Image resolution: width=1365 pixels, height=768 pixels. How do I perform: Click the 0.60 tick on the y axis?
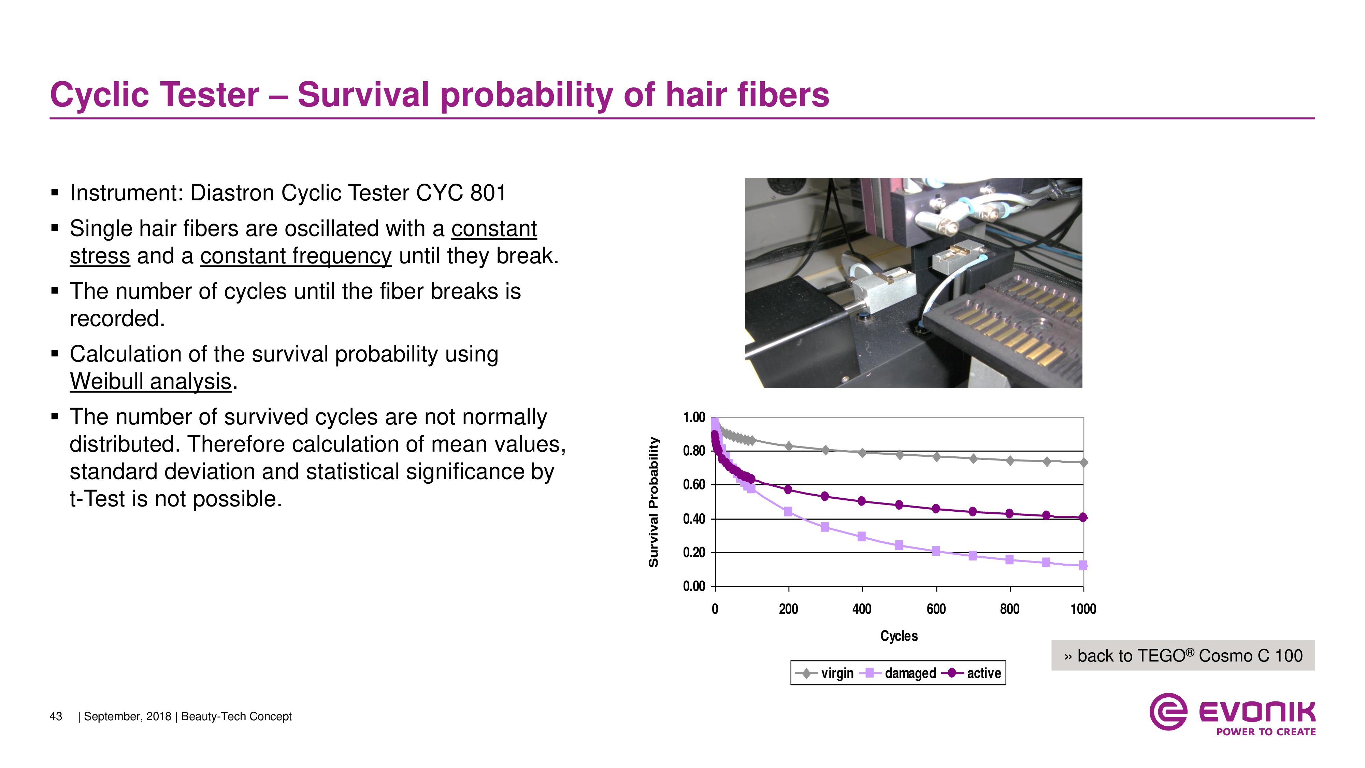point(694,485)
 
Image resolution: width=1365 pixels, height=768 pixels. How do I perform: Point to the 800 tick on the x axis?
point(1009,609)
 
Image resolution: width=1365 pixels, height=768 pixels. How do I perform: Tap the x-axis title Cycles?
point(899,636)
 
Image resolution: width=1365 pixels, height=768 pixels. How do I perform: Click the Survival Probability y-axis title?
point(653,502)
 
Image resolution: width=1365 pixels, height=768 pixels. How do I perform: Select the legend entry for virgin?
point(825,673)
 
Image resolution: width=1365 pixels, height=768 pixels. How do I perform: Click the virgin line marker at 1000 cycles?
point(1083,463)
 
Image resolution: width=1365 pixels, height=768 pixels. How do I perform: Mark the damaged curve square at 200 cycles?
point(788,511)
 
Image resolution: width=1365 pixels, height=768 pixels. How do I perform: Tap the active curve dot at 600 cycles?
point(936,509)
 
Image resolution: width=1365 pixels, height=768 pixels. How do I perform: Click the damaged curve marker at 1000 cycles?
point(1083,566)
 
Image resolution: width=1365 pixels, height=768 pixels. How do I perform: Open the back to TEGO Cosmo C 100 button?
point(1183,656)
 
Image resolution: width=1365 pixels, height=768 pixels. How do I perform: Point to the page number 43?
point(56,716)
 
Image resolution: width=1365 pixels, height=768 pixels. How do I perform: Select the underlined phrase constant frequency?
point(296,256)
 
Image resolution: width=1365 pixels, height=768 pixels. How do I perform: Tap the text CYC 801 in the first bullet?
point(461,193)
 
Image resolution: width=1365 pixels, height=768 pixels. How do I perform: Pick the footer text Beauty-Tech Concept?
point(236,716)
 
